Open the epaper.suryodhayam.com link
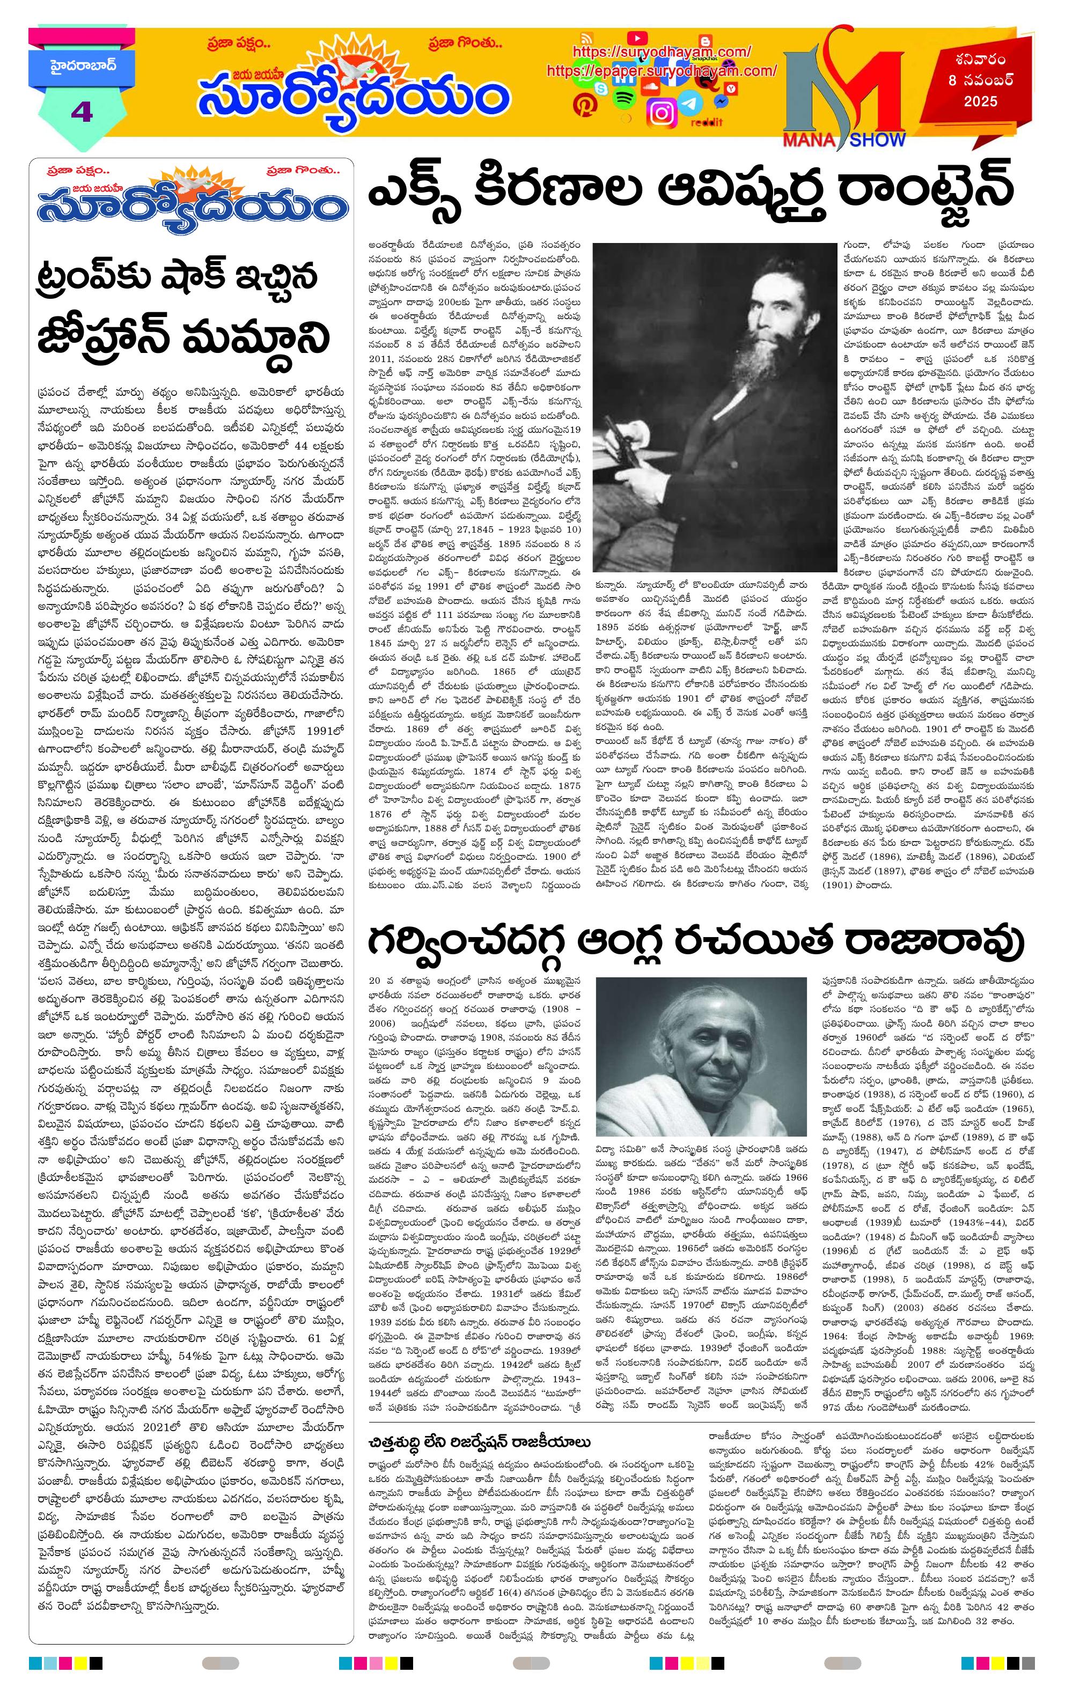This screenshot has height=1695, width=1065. [661, 71]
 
